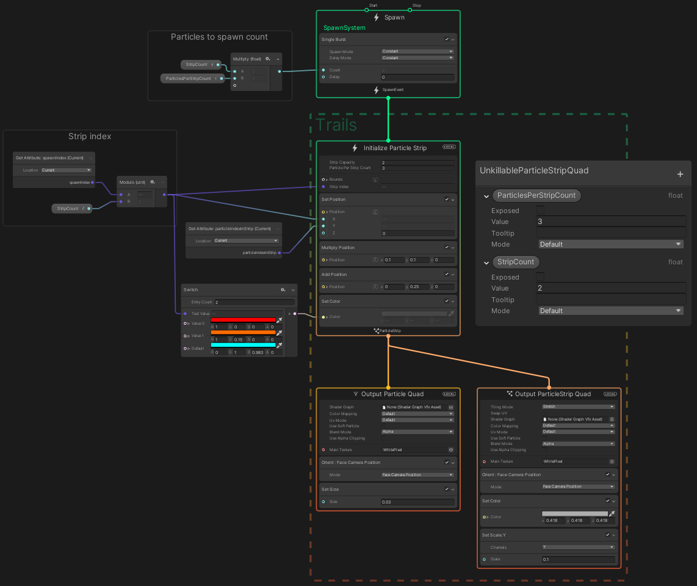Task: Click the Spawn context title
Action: pyautogui.click(x=394, y=17)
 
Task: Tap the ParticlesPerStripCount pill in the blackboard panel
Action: pyautogui.click(x=536, y=195)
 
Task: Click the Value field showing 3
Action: pyautogui.click(x=610, y=222)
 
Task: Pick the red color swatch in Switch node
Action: pyautogui.click(x=242, y=320)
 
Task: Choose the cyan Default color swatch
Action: pyautogui.click(x=242, y=345)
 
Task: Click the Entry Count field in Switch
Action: pyautogui.click(x=254, y=302)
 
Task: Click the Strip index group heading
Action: pyautogui.click(x=90, y=136)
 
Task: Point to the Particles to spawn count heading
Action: pyautogui.click(x=219, y=37)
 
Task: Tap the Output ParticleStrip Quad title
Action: pyautogui.click(x=553, y=394)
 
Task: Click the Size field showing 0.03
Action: pyautogui.click(x=417, y=502)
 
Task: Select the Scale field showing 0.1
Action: pyautogui.click(x=577, y=559)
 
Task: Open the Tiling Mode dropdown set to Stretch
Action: pyautogui.click(x=577, y=407)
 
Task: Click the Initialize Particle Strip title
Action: pyautogui.click(x=395, y=148)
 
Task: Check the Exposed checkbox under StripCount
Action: pyautogui.click(x=540, y=277)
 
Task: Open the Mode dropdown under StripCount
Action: pyautogui.click(x=610, y=311)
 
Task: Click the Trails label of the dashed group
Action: pyautogui.click(x=336, y=125)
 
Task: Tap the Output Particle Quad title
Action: pyautogui.click(x=392, y=394)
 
